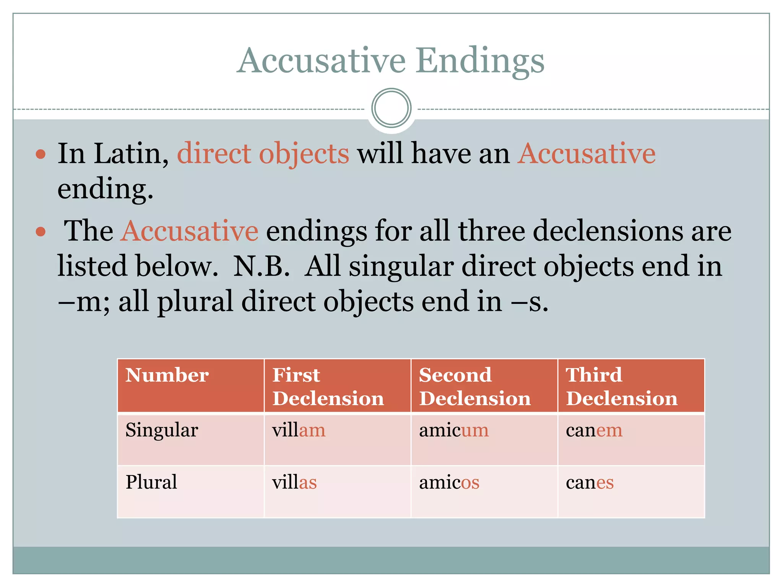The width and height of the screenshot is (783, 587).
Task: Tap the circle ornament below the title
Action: click(391, 108)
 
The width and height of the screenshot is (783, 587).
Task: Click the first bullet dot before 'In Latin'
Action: click(41, 154)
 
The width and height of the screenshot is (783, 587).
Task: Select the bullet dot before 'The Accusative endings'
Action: click(41, 232)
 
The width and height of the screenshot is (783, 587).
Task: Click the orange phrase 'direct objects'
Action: click(263, 154)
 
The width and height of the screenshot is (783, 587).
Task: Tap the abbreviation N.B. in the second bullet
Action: click(262, 266)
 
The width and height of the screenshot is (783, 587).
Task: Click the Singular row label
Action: click(162, 431)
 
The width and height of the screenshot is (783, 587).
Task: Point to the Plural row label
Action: click(151, 482)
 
